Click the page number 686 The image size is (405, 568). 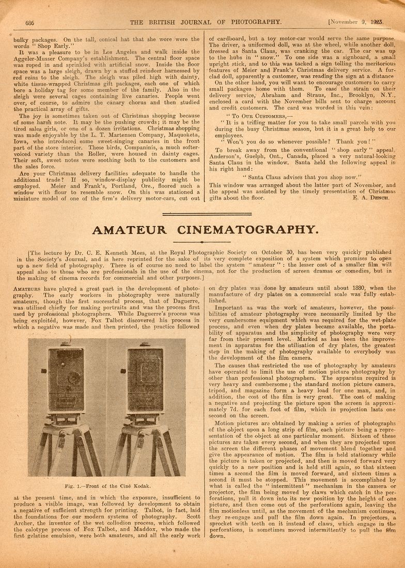click(29, 22)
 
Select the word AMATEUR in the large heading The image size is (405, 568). click(130, 230)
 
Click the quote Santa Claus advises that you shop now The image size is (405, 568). click(295, 177)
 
